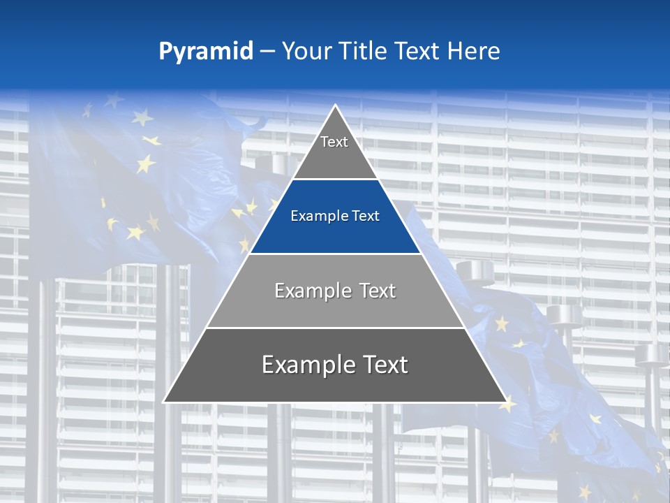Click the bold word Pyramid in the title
pos(205,52)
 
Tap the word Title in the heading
pos(362,52)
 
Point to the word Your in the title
pos(307,52)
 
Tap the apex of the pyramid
pos(335,106)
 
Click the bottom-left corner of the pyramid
pos(165,401)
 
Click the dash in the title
pos(267,52)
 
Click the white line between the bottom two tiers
pos(335,328)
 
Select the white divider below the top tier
pos(335,179)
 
